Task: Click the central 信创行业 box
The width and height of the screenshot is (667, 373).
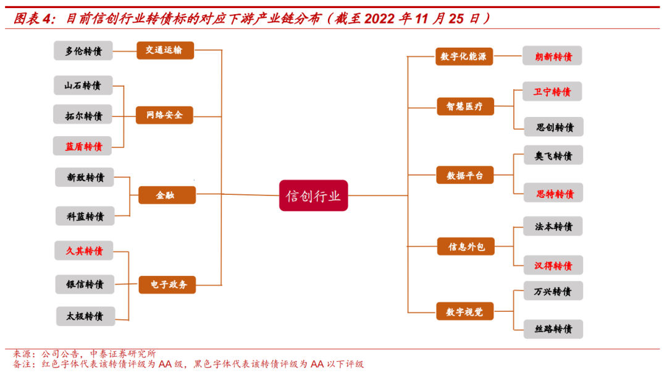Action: [313, 195]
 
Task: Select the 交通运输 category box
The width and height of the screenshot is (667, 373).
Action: [165, 50]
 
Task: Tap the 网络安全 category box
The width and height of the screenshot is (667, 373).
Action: [164, 115]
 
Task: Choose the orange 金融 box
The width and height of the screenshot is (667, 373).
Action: [166, 195]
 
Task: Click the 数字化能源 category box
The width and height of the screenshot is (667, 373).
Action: [464, 57]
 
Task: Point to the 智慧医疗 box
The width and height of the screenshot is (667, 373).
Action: [465, 106]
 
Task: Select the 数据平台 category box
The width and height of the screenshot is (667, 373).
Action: [465, 175]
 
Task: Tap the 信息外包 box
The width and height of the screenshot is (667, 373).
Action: [466, 247]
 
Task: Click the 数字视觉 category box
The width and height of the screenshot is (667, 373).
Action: [465, 311]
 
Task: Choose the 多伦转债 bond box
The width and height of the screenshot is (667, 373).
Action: [83, 51]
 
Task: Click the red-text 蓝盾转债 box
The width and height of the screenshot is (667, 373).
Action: [83, 147]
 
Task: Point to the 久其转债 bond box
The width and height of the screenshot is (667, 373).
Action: [84, 251]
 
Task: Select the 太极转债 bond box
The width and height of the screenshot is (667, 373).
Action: [85, 316]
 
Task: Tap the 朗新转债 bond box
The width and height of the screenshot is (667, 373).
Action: [553, 56]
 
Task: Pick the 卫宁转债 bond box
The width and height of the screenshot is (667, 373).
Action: [552, 92]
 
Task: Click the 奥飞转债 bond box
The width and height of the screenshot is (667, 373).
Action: [553, 156]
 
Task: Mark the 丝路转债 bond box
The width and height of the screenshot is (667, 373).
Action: [553, 328]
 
